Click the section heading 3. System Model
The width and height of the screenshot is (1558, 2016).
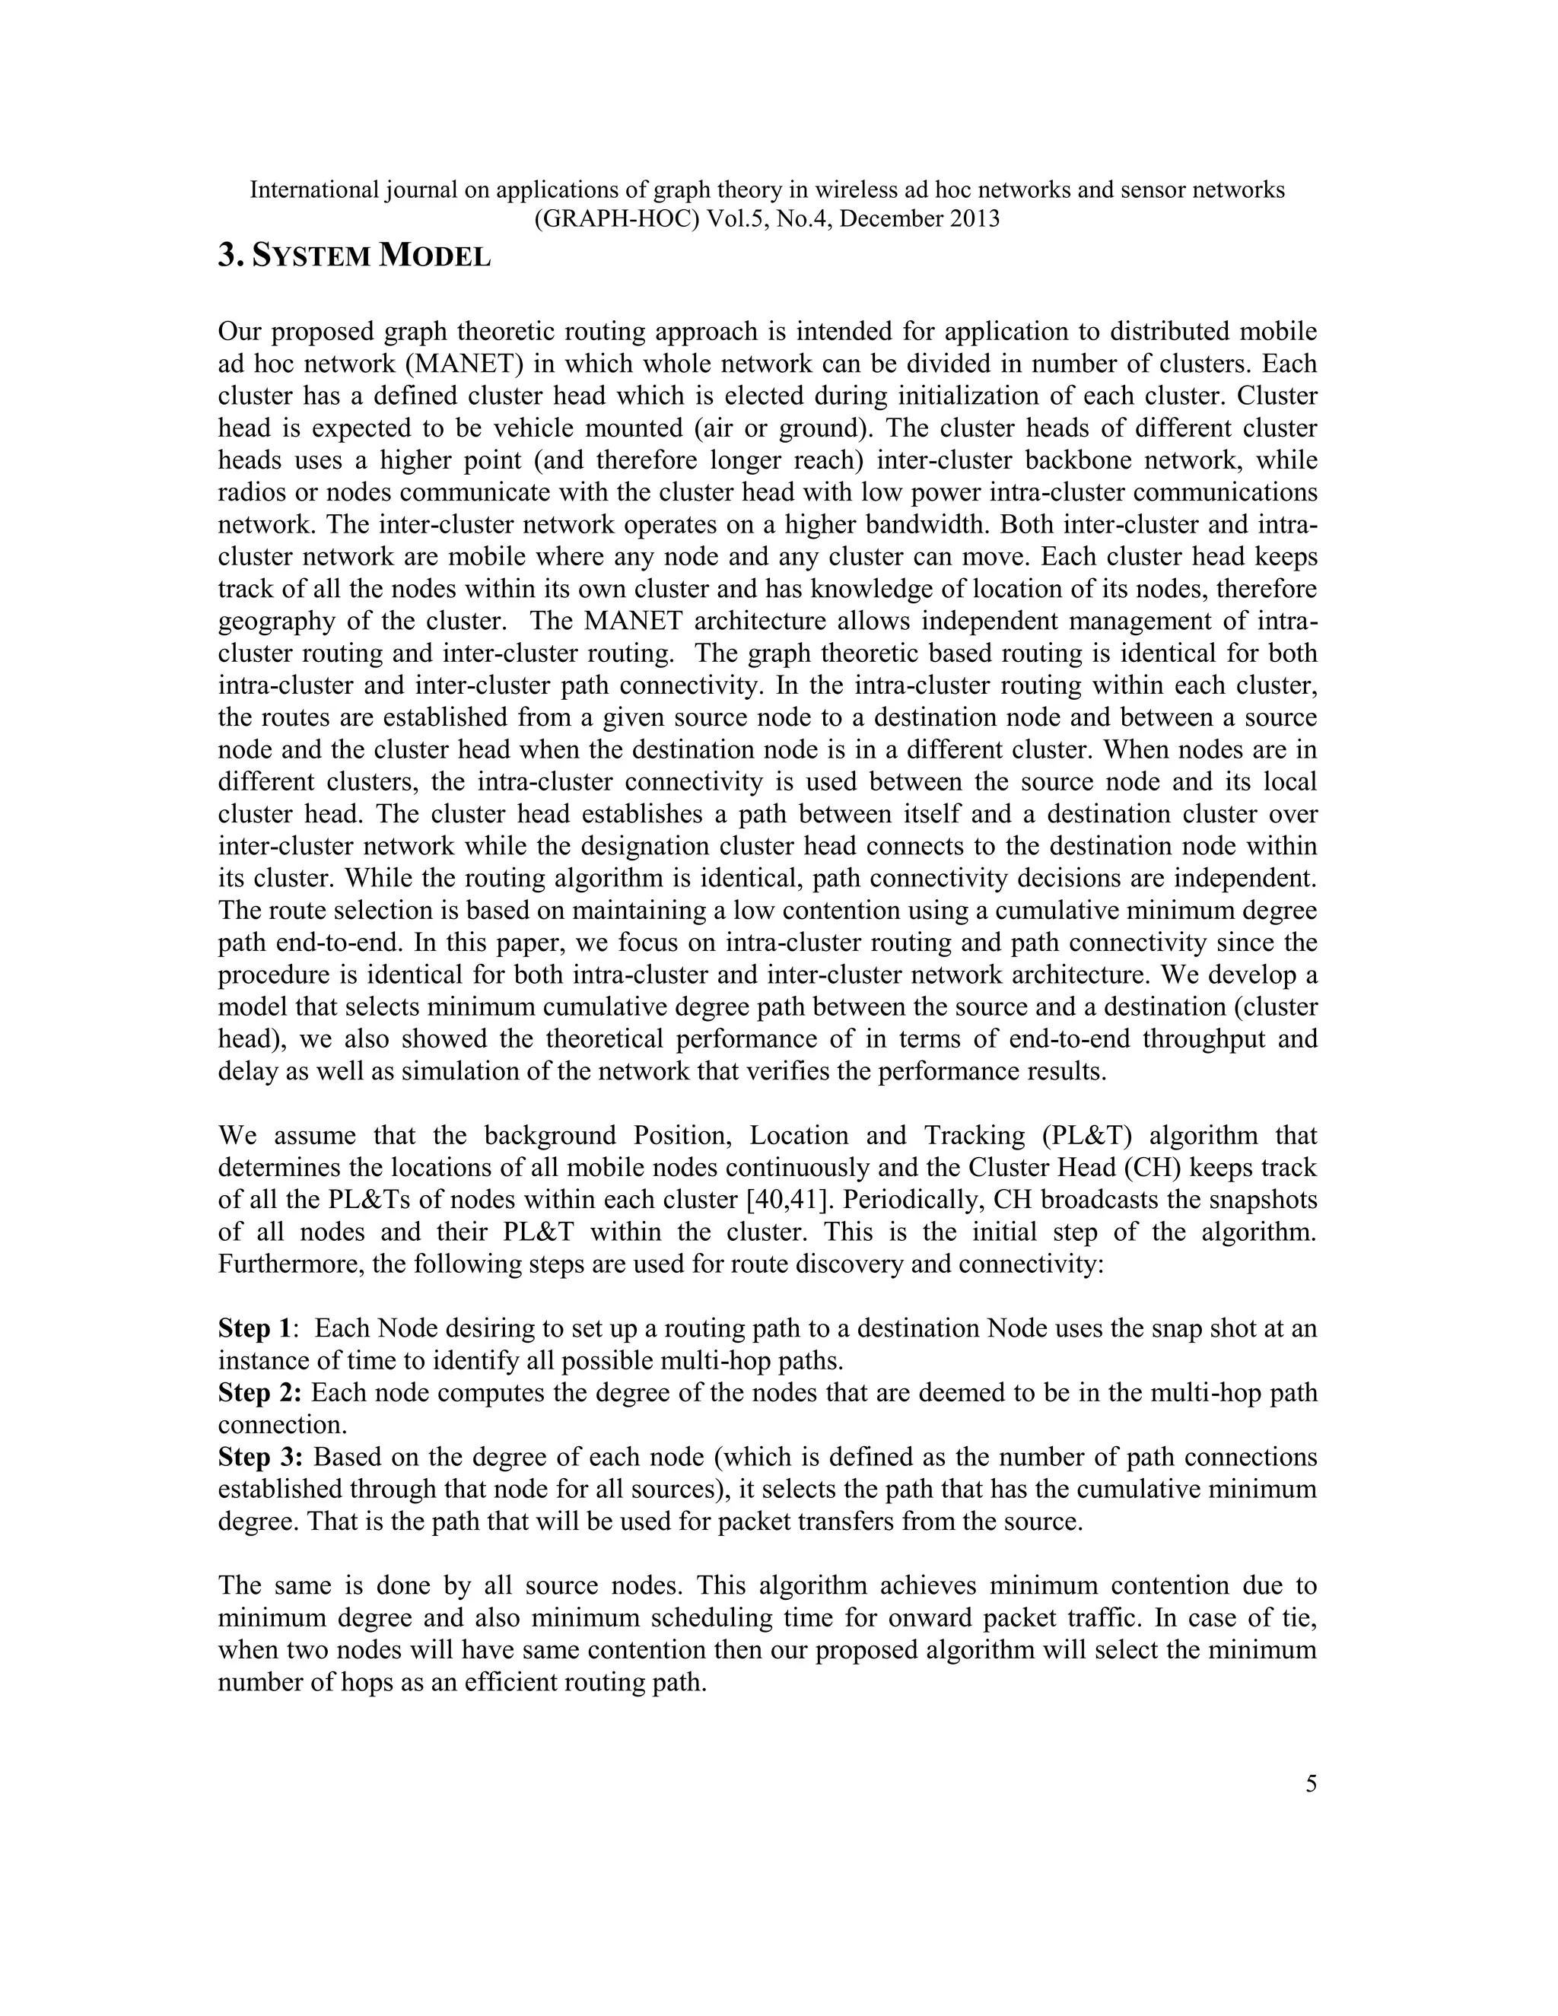coord(354,256)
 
